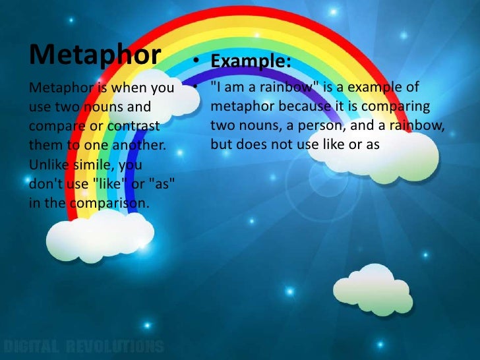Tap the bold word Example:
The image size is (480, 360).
251,61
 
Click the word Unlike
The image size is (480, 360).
48,163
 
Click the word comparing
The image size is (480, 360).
398,107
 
